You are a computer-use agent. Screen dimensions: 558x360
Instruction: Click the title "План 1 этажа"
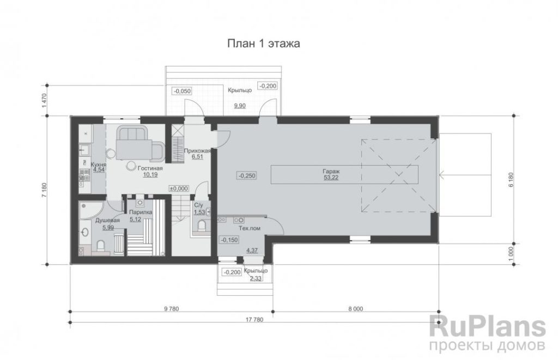(x=263, y=44)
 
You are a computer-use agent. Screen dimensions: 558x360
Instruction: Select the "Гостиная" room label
(x=150, y=168)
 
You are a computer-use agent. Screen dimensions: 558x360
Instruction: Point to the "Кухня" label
(x=99, y=164)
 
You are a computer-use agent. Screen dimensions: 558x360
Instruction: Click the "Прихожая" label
(x=197, y=150)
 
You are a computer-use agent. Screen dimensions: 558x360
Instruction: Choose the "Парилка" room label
(x=141, y=212)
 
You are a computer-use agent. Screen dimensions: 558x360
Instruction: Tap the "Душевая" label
(x=107, y=220)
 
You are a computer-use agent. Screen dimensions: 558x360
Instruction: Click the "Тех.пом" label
(x=250, y=228)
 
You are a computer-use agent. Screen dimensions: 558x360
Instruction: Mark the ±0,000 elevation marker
(x=179, y=188)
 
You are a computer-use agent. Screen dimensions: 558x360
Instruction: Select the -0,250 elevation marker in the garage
(x=247, y=175)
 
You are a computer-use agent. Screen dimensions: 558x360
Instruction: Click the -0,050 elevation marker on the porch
(x=182, y=91)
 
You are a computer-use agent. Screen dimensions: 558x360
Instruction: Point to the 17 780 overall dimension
(x=254, y=320)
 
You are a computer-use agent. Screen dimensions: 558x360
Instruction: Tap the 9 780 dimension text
(x=172, y=309)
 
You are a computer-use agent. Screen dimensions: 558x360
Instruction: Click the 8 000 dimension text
(x=356, y=309)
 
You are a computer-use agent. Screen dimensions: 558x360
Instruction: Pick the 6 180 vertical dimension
(x=511, y=180)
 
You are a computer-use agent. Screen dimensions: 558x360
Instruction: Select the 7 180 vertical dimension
(x=44, y=190)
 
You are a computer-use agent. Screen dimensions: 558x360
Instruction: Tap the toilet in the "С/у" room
(x=202, y=225)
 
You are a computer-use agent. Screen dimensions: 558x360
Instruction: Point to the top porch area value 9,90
(x=240, y=106)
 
